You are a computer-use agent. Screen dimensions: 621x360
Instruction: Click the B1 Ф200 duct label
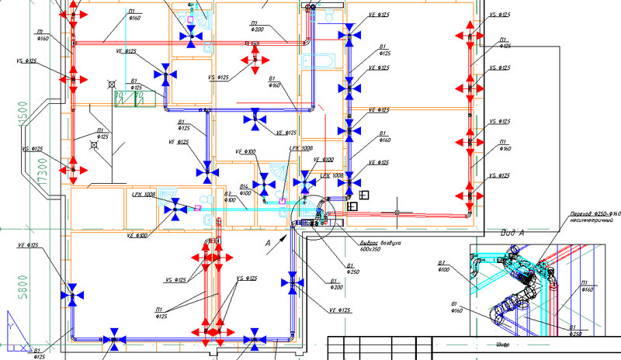click(336, 284)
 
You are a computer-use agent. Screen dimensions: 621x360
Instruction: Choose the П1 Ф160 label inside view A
click(588, 286)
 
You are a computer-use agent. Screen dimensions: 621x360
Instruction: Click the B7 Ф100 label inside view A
click(443, 267)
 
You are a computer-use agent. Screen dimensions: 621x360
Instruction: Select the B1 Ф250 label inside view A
click(574, 331)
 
